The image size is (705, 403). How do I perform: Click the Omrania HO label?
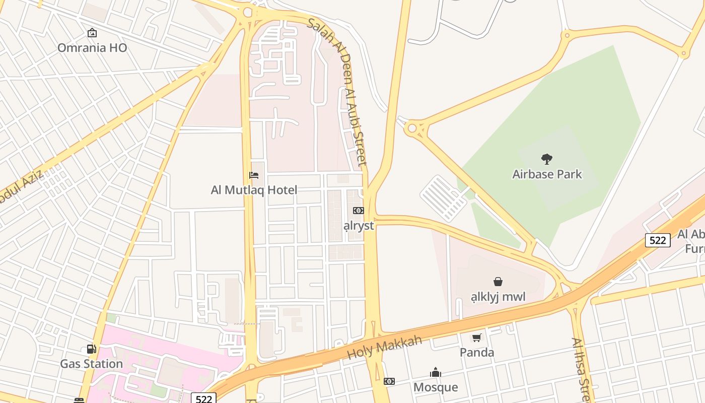click(92, 48)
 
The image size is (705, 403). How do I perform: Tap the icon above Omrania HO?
click(92, 33)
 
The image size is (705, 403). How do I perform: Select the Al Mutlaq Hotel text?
click(254, 190)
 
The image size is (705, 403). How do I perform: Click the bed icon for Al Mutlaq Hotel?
click(254, 175)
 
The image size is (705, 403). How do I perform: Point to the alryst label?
click(359, 226)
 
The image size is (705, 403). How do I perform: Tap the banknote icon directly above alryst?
click(359, 211)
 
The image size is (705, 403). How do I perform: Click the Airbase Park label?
click(547, 174)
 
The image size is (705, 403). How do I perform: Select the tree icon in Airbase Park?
click(547, 160)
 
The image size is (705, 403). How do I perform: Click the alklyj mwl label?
click(498, 297)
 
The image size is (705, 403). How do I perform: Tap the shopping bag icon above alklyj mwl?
click(498, 282)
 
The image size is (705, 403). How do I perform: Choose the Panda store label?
click(476, 352)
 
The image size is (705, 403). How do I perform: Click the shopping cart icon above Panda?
click(476, 338)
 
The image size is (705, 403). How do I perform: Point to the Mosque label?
click(436, 387)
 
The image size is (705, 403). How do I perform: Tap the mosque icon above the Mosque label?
click(436, 372)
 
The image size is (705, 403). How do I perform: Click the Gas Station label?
click(91, 364)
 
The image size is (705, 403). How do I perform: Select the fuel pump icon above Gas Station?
click(91, 349)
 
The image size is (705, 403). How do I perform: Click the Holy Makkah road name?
click(384, 348)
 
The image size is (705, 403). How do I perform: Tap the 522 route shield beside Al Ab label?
click(658, 240)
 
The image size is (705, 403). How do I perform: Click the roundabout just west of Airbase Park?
click(412, 128)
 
